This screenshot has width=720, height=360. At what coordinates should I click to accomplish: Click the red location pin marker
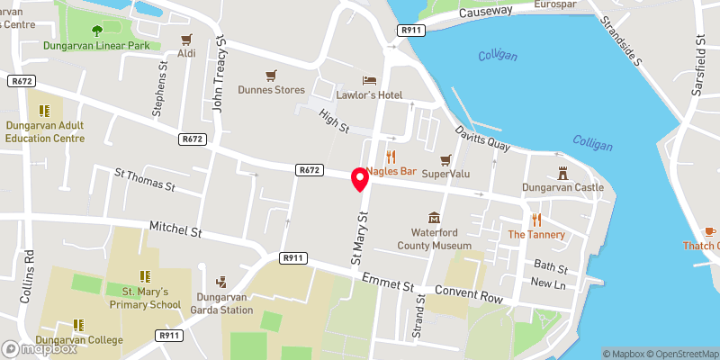(360, 178)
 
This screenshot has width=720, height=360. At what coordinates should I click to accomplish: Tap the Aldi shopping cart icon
(186, 39)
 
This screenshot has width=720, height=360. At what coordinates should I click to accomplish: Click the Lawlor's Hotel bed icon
(367, 80)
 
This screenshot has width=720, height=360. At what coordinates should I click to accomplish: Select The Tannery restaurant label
(536, 235)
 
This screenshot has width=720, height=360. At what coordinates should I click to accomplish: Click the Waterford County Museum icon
(435, 218)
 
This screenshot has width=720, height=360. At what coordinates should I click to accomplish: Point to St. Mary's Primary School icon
(144, 276)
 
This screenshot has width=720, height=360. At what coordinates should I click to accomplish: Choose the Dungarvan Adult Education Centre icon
(44, 111)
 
